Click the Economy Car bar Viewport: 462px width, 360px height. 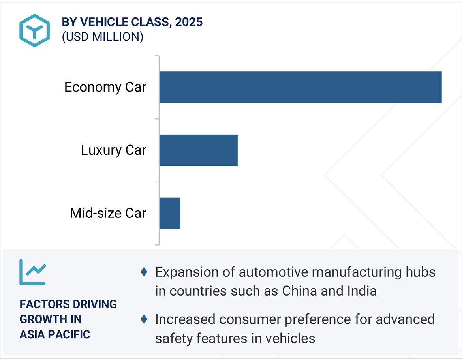300,87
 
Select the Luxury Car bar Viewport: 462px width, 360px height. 198,150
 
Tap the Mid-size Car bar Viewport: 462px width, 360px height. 170,213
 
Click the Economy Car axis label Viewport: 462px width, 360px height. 105,87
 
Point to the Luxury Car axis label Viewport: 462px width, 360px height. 113,150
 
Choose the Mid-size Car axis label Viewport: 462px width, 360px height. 108,213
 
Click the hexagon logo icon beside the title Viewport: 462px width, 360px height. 34,30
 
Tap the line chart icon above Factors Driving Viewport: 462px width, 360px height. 33,272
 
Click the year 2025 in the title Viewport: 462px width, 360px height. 189,22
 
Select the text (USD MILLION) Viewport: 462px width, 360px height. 102,37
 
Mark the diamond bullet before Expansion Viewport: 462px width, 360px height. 144,272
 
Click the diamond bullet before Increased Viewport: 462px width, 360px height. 144,319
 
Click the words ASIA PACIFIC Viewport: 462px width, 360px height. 55,334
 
